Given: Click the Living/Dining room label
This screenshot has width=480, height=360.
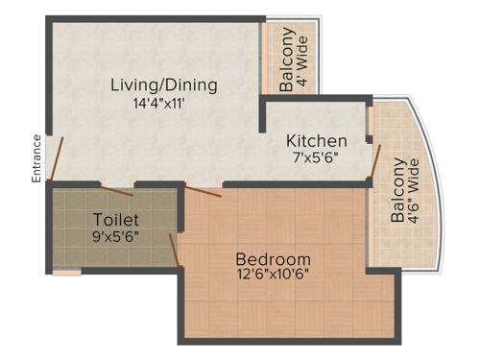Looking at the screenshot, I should click(x=163, y=84).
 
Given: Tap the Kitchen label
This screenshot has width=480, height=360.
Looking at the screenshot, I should click(x=317, y=141).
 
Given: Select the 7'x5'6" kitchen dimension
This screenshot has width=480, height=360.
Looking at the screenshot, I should click(x=317, y=158).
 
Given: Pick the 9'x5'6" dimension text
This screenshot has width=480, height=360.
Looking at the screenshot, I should click(x=116, y=235).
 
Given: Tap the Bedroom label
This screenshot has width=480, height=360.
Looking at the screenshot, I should click(x=274, y=258).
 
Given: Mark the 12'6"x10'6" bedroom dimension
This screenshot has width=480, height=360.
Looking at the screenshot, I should click(x=274, y=276).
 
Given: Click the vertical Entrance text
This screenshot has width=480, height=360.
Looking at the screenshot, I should click(x=36, y=158).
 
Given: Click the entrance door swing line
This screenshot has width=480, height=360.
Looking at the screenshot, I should click(x=57, y=159).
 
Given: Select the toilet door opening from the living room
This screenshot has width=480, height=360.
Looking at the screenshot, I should click(x=117, y=183).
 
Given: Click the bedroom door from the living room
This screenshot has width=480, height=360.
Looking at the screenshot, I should click(x=204, y=189).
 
